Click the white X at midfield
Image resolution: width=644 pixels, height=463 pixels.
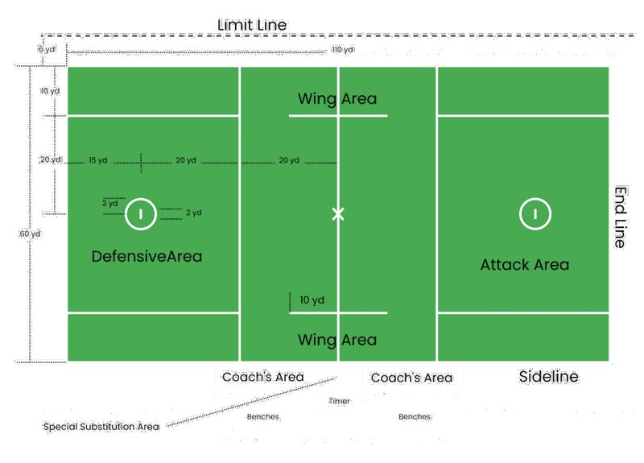(x=338, y=213)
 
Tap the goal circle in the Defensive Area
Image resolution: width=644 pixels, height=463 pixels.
(x=141, y=213)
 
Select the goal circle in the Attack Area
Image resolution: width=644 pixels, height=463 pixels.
(x=535, y=213)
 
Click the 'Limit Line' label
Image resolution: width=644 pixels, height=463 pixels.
(x=252, y=25)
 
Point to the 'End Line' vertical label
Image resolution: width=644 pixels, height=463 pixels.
(x=621, y=217)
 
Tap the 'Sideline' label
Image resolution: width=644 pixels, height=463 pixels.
(x=549, y=376)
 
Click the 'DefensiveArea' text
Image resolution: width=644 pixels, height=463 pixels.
(x=147, y=256)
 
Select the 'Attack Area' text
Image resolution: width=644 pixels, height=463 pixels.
(x=525, y=264)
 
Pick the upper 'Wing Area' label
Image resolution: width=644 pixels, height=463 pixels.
(x=337, y=99)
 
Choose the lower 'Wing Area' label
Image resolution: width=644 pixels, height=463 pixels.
(x=337, y=340)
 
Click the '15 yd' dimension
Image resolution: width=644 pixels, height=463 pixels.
(x=98, y=160)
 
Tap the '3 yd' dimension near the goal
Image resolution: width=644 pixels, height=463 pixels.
(x=110, y=204)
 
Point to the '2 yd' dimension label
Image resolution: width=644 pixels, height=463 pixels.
(x=193, y=213)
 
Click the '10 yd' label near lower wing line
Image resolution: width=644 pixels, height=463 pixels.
(x=312, y=300)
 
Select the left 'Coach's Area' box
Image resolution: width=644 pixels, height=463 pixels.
(x=263, y=377)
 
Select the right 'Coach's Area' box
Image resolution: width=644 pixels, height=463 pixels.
(x=411, y=377)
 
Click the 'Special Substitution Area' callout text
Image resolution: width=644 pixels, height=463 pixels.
(x=101, y=427)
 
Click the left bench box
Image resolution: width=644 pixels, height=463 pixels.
(x=262, y=418)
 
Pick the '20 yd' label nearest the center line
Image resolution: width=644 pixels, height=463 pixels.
(x=289, y=160)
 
